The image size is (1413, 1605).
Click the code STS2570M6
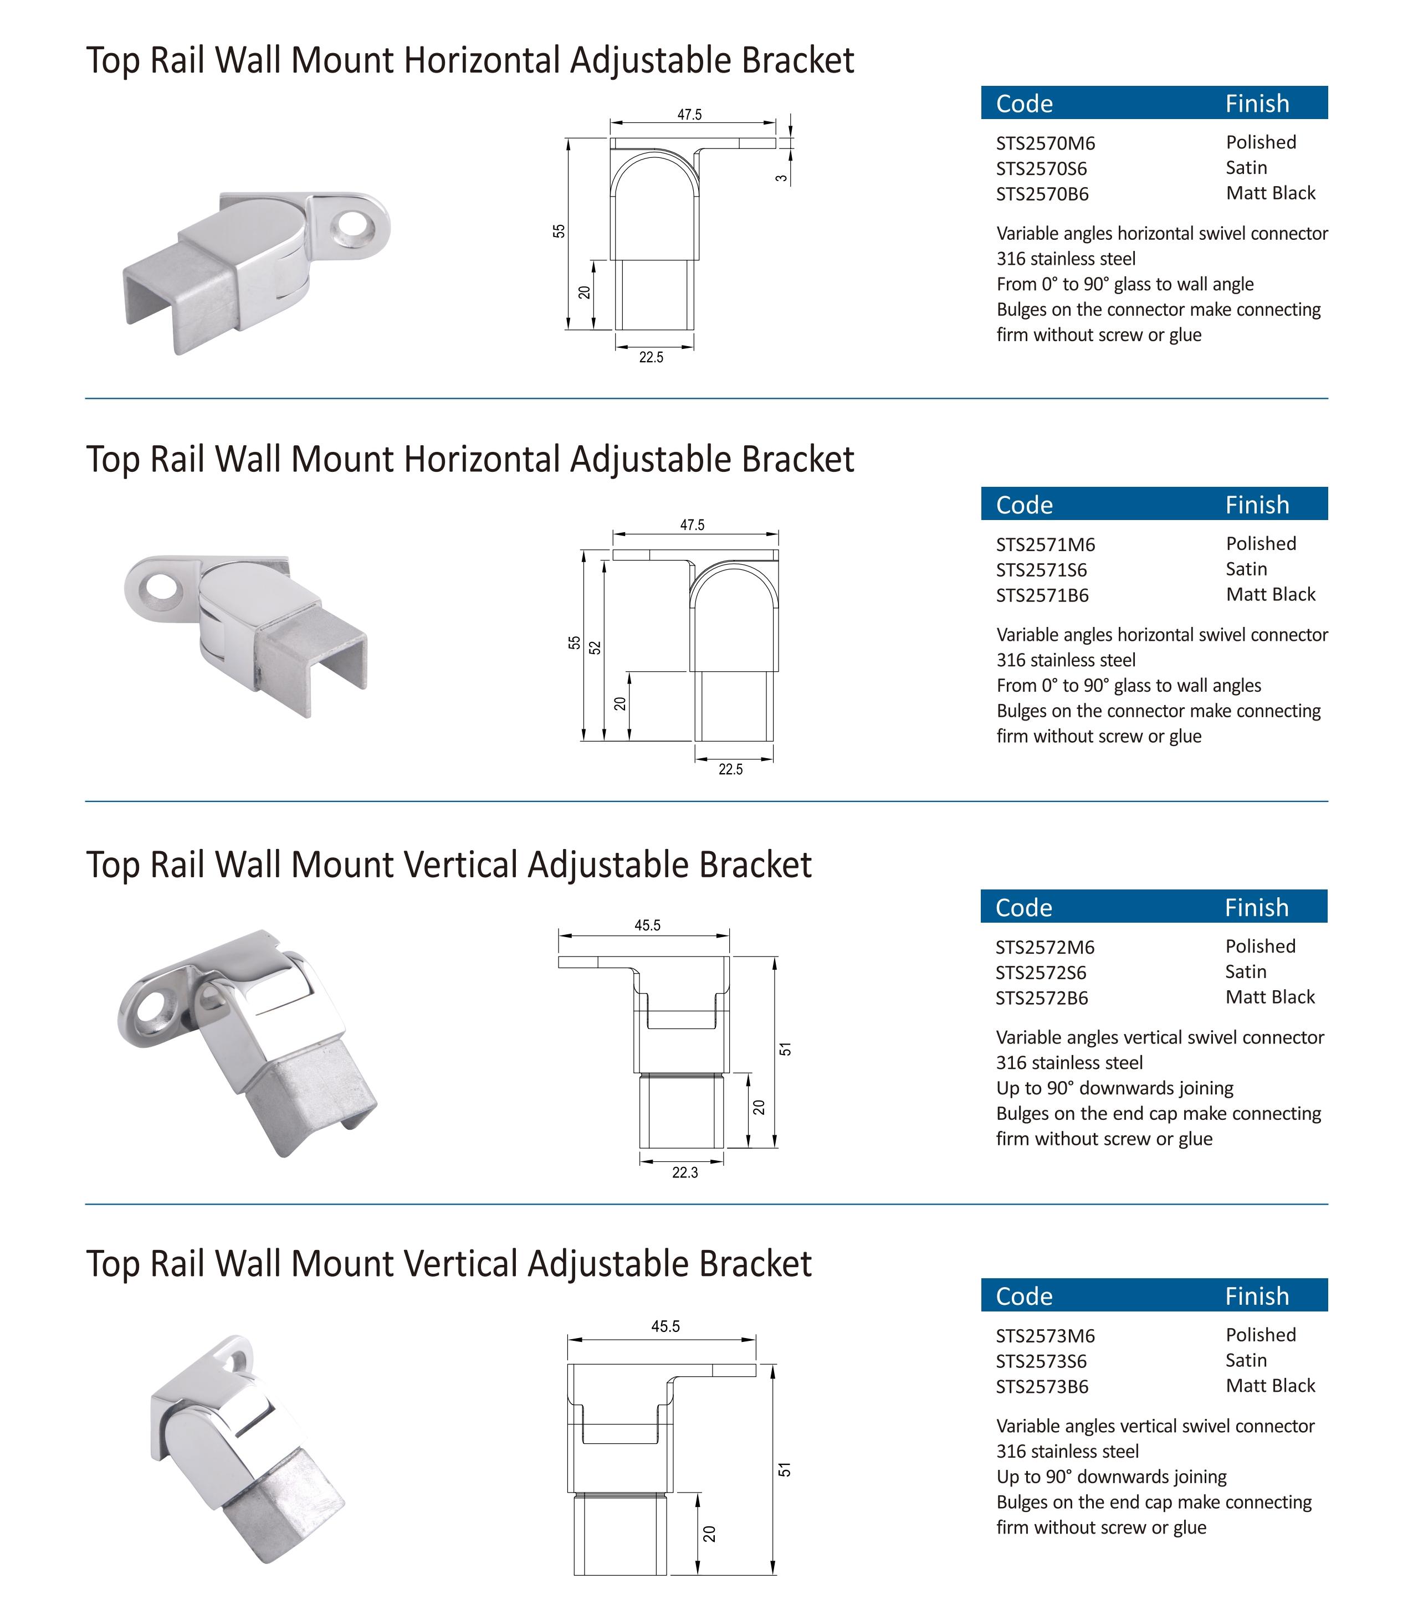(x=1046, y=143)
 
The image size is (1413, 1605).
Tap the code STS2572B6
(x=1042, y=998)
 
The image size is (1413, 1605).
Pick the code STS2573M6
(x=1046, y=1336)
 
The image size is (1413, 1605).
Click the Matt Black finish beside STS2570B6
(x=1270, y=193)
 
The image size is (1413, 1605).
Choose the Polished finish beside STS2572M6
(x=1260, y=946)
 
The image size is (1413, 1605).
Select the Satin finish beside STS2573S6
(x=1246, y=1360)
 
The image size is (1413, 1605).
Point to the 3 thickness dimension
(x=781, y=177)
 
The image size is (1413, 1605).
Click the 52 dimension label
(x=595, y=648)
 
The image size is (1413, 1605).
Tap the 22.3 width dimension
(x=685, y=1172)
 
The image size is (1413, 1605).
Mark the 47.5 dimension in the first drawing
(x=690, y=115)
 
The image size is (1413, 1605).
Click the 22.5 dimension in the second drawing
(x=730, y=769)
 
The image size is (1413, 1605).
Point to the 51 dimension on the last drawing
(x=785, y=1470)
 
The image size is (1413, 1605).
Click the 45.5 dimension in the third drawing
(x=648, y=925)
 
